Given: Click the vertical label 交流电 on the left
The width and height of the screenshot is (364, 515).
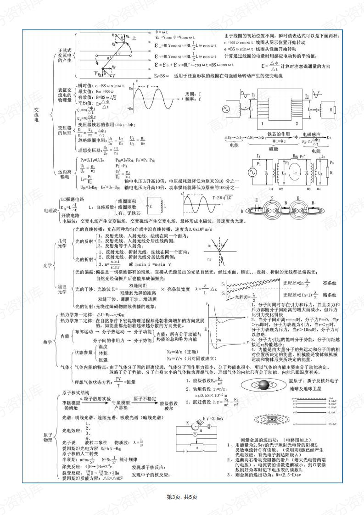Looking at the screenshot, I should [x=37, y=114].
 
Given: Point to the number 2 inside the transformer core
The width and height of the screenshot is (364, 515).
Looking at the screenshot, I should [x=297, y=124].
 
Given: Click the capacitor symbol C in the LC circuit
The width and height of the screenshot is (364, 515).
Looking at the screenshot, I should [x=151, y=207].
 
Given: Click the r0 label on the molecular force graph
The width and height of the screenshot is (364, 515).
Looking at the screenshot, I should [x=219, y=340].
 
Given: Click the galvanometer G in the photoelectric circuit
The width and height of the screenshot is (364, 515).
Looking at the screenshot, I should [x=209, y=426].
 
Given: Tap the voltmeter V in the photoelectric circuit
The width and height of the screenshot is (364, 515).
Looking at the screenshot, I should [x=195, y=433].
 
